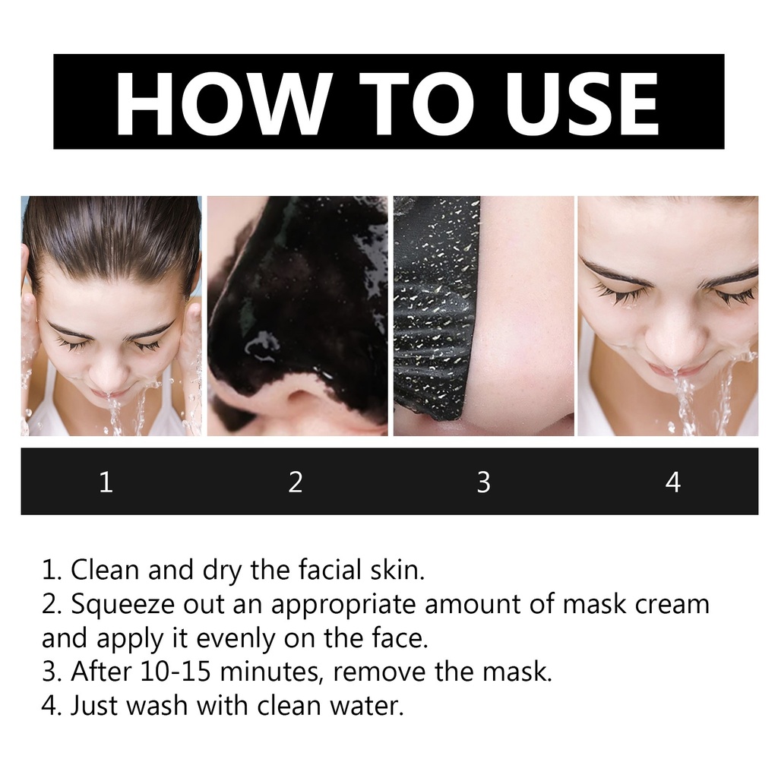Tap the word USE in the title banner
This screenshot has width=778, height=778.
(581, 103)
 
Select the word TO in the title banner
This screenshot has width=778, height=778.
(418, 103)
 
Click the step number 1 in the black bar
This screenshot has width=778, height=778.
(106, 482)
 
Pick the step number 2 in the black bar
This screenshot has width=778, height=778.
(296, 482)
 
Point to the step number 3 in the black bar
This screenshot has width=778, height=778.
(484, 482)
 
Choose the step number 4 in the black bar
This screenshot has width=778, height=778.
(673, 482)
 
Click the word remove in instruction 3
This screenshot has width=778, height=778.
(380, 672)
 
